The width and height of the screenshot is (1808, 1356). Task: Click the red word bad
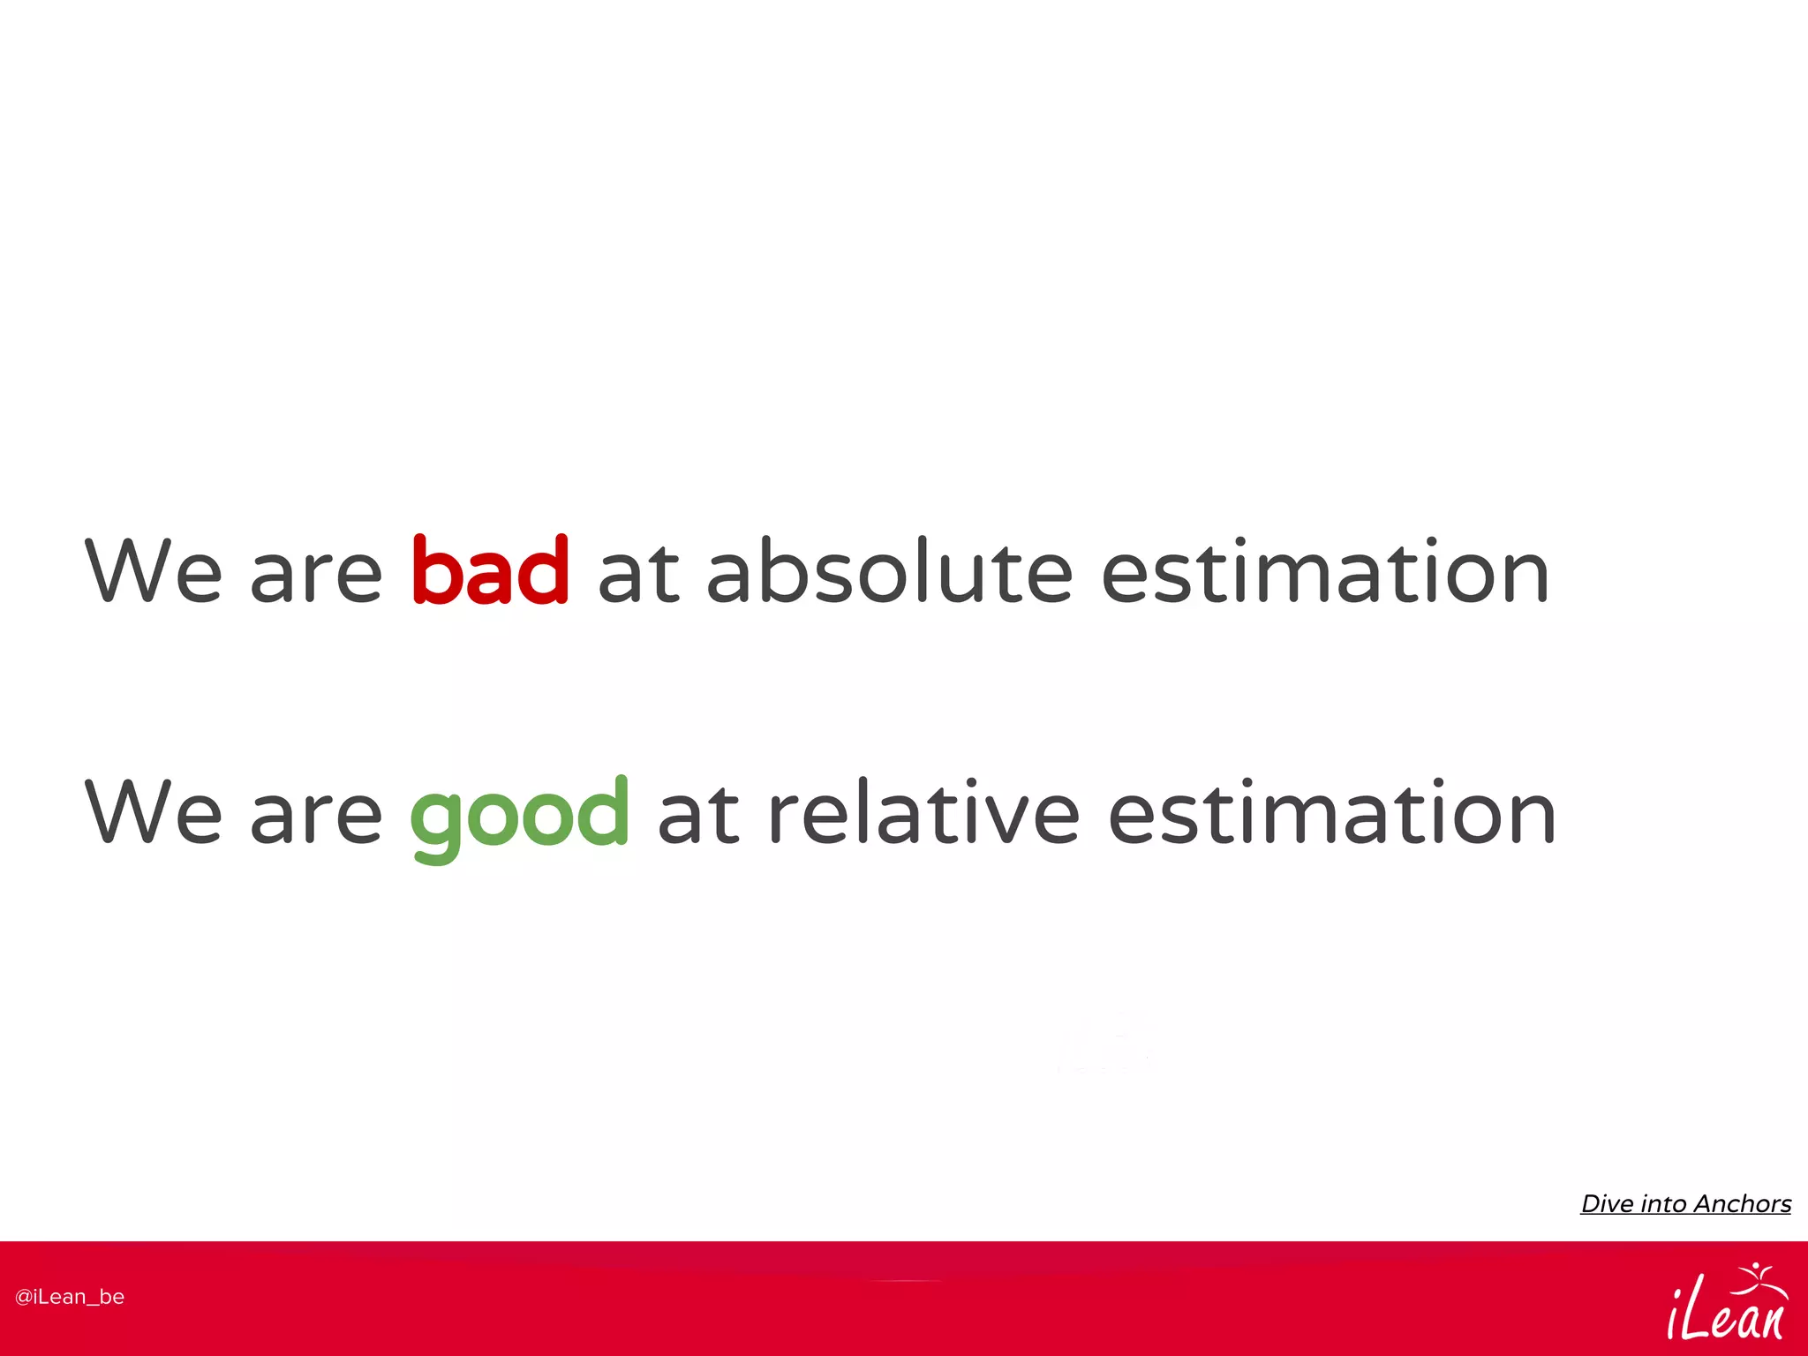coord(490,572)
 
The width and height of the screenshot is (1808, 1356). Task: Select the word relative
coord(923,812)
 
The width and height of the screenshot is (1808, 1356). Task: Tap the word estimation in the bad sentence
coord(1325,572)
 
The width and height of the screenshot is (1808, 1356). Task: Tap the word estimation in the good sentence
coord(1331,812)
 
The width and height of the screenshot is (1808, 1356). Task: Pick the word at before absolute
coord(638,574)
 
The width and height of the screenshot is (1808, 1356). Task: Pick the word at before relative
coord(698,814)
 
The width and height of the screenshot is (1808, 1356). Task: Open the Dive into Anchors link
coord(1685,1204)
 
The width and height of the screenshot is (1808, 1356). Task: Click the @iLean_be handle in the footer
coord(70,1297)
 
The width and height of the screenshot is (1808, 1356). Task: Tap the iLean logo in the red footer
coord(1726,1307)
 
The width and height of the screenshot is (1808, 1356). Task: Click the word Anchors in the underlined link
coord(1742,1204)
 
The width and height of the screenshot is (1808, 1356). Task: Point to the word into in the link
coord(1663,1204)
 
